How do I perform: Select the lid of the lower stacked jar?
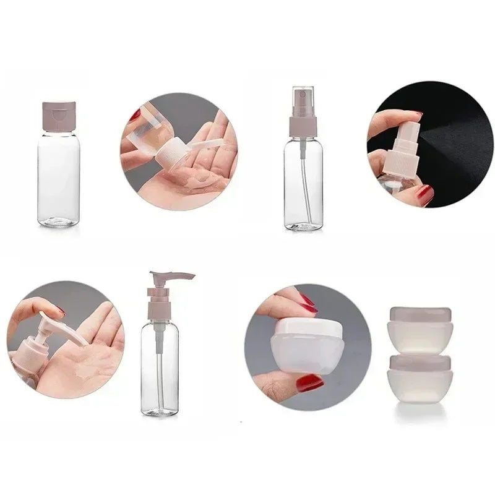420,363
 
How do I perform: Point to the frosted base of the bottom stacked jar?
420,387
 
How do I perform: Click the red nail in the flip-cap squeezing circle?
136,115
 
